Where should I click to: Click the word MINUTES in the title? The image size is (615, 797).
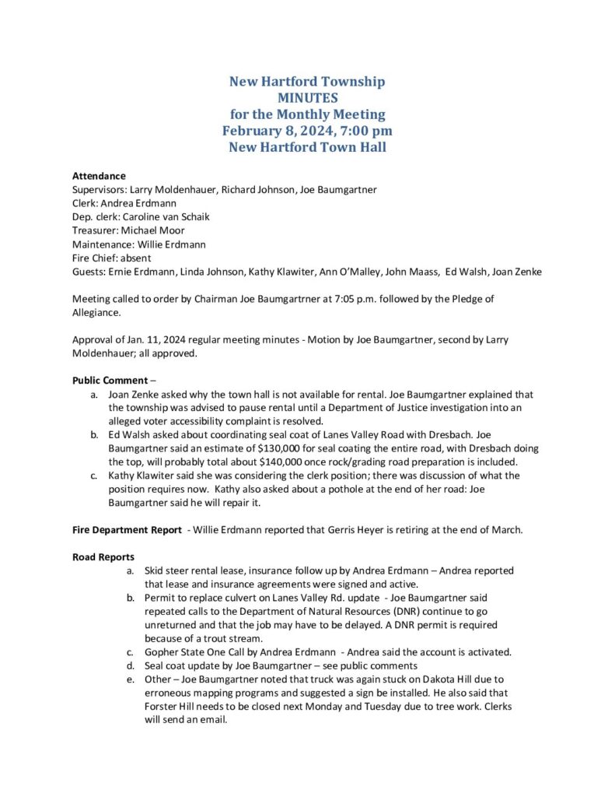[307, 98]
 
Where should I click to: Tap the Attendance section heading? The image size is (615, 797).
[99, 176]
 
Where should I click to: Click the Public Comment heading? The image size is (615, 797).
[109, 381]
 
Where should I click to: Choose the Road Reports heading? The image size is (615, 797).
[103, 557]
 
